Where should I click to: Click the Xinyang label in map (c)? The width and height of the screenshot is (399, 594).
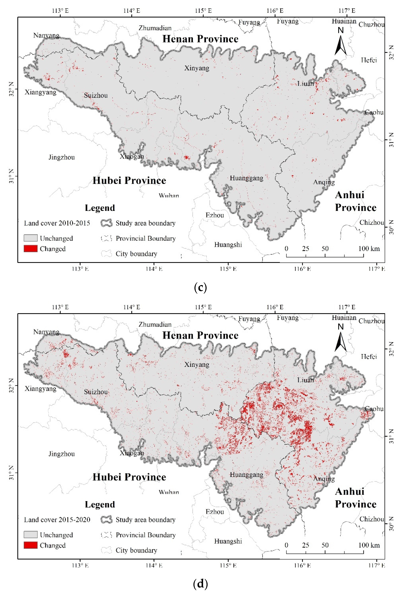(197, 68)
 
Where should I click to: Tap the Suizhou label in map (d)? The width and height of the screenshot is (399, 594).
(96, 392)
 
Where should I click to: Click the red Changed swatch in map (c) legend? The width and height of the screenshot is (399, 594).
(31, 249)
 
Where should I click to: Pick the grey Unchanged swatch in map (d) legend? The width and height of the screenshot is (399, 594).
(31, 534)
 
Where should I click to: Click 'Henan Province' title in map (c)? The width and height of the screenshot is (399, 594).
(200, 39)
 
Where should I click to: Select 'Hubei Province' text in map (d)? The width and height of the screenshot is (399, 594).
(129, 477)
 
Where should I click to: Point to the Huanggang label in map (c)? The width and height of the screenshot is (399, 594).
(246, 178)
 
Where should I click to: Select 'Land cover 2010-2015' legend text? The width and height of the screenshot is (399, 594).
(57, 223)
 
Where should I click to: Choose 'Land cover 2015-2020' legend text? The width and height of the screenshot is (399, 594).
(57, 519)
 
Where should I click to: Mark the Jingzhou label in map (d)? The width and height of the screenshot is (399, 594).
(62, 454)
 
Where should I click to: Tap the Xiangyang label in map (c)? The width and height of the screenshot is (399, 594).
(40, 92)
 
